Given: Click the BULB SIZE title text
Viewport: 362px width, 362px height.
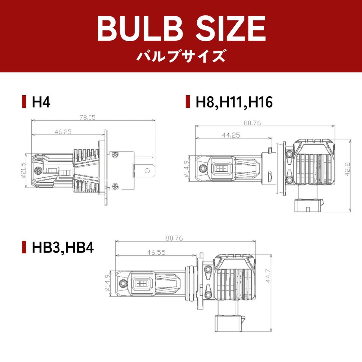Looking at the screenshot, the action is pos(181,29).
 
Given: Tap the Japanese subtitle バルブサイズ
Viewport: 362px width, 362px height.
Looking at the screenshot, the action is pos(181,56).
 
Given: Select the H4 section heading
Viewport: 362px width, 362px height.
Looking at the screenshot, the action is pos(41,102).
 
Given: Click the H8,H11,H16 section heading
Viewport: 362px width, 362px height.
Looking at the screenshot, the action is pos(234,102).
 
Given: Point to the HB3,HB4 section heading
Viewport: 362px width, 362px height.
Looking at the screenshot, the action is pos(63,247).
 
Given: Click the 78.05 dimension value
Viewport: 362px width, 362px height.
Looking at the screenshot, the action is pos(87,118).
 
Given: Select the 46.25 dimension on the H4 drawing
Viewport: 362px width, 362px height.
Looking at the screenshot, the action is pos(63,132).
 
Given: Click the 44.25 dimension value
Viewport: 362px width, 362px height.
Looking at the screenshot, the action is pos(231,135).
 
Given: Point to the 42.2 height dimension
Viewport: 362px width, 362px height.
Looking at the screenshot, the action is pos(347,169).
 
